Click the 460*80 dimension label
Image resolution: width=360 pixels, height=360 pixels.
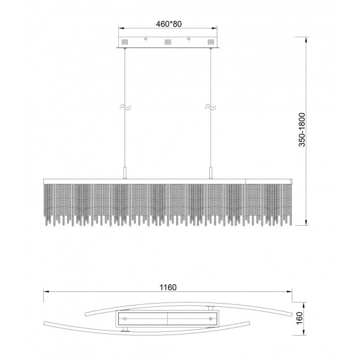click(168, 24)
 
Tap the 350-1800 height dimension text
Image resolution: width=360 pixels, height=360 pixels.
click(302, 130)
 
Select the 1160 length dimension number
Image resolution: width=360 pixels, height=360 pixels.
click(168, 287)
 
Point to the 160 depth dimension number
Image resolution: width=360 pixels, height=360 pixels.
click(300, 318)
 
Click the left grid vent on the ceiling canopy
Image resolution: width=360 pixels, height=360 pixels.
click(125, 42)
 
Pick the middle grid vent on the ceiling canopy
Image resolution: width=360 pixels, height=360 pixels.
click(168, 42)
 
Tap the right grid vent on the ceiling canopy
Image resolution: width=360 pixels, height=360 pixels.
click(211, 42)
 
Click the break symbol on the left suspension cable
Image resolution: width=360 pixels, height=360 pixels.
click(125, 107)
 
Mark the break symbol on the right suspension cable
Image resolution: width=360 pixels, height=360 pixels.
click(210, 107)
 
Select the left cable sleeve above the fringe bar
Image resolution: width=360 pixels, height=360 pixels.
click(125, 173)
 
